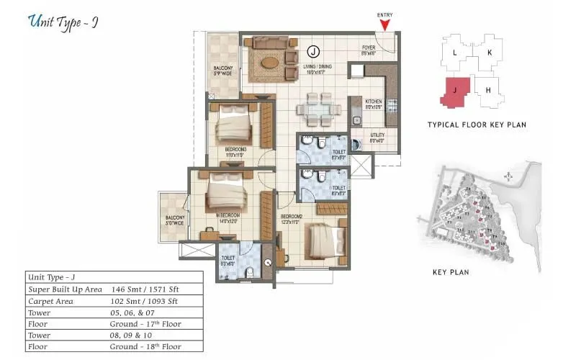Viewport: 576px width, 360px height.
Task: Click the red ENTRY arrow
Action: pos(385,24)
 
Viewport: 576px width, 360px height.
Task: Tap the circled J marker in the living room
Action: pos(312,51)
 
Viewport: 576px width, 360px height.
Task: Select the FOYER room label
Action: pos(369,50)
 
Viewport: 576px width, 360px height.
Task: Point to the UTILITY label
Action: pos(377,138)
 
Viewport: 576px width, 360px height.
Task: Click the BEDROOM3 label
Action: pos(235,152)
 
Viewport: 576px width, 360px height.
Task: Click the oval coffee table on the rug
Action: pos(268,61)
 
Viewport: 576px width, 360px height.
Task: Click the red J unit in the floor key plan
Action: pos(454,92)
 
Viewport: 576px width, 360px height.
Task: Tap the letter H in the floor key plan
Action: pos(487,90)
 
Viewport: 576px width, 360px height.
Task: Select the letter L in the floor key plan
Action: pos(454,53)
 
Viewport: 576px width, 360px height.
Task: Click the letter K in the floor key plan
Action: pos(489,53)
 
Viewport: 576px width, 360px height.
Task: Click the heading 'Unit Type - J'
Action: pos(63,22)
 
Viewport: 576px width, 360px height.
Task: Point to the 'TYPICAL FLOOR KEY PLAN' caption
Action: pos(476,125)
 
